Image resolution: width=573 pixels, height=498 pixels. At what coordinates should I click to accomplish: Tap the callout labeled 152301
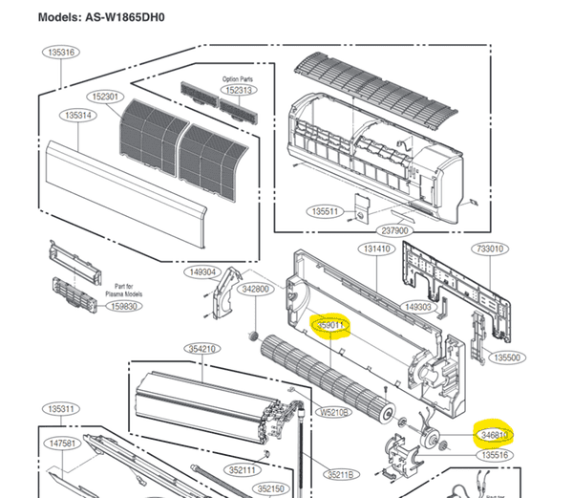[106, 97]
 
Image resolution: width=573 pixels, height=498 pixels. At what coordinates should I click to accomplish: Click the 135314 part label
[77, 116]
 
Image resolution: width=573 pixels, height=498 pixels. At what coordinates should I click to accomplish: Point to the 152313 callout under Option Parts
[239, 90]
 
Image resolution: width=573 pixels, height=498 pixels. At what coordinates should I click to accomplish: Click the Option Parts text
[238, 78]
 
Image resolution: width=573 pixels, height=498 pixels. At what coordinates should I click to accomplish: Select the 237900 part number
[394, 230]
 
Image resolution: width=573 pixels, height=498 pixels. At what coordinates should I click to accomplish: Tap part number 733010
[489, 249]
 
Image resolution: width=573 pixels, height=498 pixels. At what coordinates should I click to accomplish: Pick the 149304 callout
[202, 272]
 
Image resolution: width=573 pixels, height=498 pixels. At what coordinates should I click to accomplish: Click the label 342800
[255, 288]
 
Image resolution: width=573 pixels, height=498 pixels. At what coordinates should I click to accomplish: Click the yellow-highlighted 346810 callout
[493, 436]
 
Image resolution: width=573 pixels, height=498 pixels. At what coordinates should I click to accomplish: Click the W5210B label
[333, 413]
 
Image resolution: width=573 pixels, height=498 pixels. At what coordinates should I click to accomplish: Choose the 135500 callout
[506, 357]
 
